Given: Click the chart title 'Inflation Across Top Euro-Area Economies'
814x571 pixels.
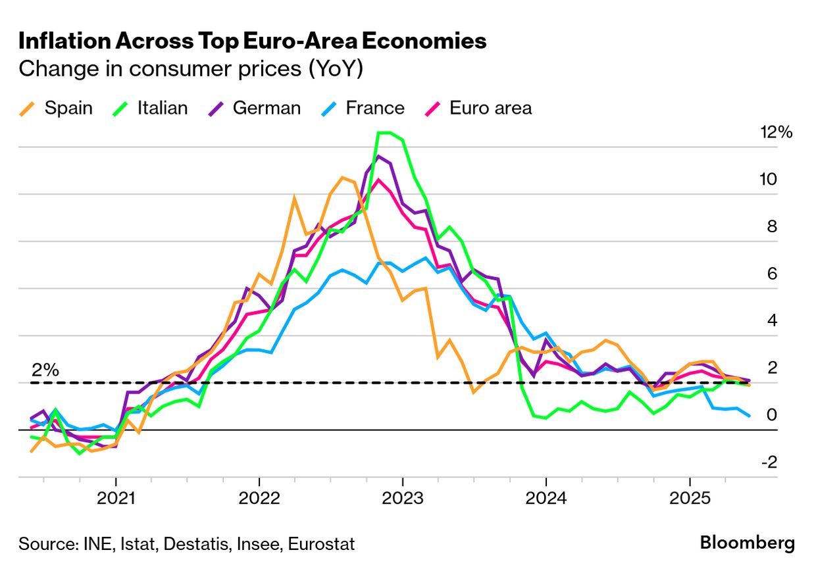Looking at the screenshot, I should pos(253,41).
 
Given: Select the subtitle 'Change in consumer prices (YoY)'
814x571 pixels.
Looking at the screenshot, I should pos(191,68).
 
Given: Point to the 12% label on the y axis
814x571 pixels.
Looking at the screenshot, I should pos(776,132).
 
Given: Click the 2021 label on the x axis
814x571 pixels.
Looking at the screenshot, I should pos(116,499).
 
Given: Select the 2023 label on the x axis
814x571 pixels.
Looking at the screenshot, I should pos(403,499).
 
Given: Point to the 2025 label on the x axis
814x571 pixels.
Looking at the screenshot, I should pos(689,499).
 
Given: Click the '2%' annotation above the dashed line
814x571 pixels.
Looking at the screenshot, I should pos(45,370).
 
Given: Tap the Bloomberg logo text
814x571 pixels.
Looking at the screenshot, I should pos(747,543).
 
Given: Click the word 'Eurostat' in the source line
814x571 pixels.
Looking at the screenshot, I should pos(322,544).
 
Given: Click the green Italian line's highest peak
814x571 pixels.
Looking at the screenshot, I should pos(385,133).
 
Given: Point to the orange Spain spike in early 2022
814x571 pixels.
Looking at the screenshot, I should pos(294,197).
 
